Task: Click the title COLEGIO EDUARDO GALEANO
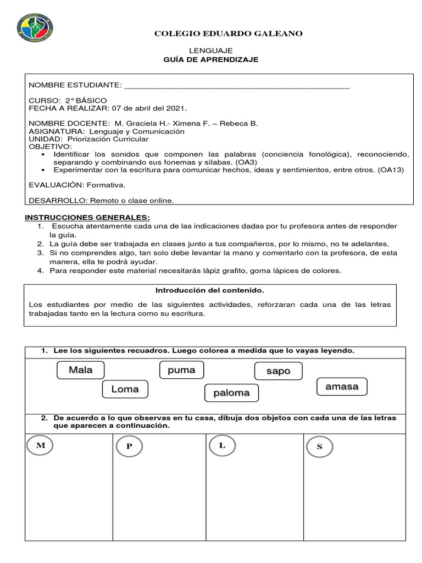click(228, 34)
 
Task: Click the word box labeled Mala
click(81, 370)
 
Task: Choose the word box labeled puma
click(181, 370)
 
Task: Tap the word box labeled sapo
click(278, 371)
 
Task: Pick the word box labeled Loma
click(125, 389)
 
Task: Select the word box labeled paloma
click(231, 393)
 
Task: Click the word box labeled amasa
click(342, 387)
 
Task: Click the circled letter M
click(41, 445)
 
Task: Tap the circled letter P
click(129, 446)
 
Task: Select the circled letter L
click(222, 445)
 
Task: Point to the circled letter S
click(320, 446)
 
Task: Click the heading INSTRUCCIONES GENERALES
click(87, 218)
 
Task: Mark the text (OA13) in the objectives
click(391, 170)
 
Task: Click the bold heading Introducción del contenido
click(210, 290)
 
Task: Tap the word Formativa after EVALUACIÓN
click(107, 185)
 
